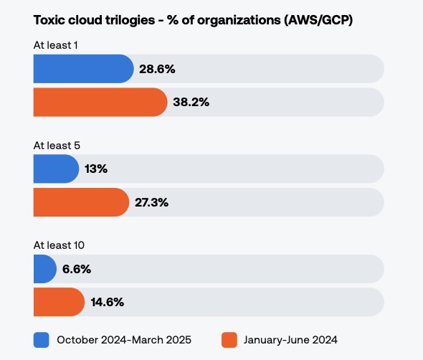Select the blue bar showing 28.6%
[x=82, y=69]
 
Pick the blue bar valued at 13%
[x=55, y=169]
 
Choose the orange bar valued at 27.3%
[x=80, y=202]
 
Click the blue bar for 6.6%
[x=44, y=269]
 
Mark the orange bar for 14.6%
[x=59, y=302]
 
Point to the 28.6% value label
[x=157, y=69]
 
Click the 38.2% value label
[x=191, y=102]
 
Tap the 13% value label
[x=95, y=169]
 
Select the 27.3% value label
[x=151, y=202]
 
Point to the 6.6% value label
[x=77, y=269]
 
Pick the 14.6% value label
[x=108, y=302]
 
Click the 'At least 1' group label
[x=55, y=45]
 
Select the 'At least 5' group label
[x=56, y=146]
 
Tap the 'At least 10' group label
[x=59, y=245]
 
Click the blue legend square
[x=41, y=339]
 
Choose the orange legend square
[x=229, y=339]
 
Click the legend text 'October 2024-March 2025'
[x=124, y=339]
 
